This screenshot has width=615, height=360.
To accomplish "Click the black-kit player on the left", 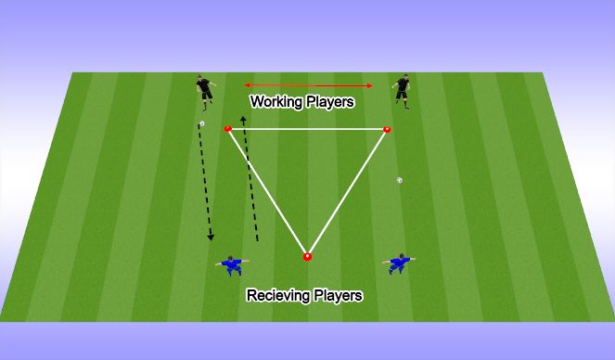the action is point(206,91).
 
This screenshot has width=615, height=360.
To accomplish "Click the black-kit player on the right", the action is point(403,91).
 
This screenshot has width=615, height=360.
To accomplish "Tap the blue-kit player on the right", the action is point(400,264).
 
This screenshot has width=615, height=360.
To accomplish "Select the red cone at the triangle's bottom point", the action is point(307,256).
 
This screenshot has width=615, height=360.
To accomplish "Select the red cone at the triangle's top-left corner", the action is point(228,129).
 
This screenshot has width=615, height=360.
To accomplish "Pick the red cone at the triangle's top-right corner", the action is point(387,129).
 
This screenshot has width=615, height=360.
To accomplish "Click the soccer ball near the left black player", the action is point(202,123).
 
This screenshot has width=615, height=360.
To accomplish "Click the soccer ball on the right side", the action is point(400,180).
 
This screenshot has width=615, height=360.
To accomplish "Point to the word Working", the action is point(276,102).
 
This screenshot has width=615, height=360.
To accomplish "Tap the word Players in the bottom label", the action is point(337,296).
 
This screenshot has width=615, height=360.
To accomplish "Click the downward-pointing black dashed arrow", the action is point(205,186).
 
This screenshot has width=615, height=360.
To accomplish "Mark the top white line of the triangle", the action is point(307,129).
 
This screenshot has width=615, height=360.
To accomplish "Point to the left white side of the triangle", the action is point(267,192).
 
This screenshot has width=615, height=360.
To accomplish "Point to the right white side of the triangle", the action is point(347,192).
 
